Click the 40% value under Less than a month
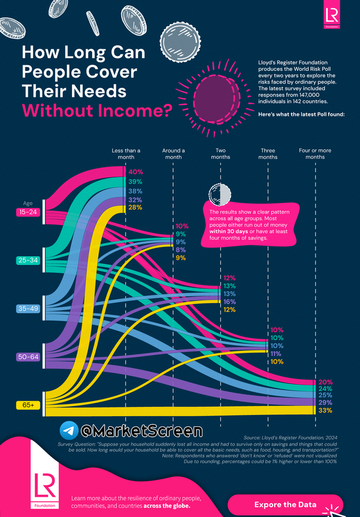136,172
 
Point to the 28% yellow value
136,207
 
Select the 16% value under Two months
229,301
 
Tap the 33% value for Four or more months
325,411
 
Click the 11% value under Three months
277,354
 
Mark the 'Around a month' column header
173,154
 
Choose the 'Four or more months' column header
315,154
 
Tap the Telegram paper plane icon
69,430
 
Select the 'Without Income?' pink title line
97,111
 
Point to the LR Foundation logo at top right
331,16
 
